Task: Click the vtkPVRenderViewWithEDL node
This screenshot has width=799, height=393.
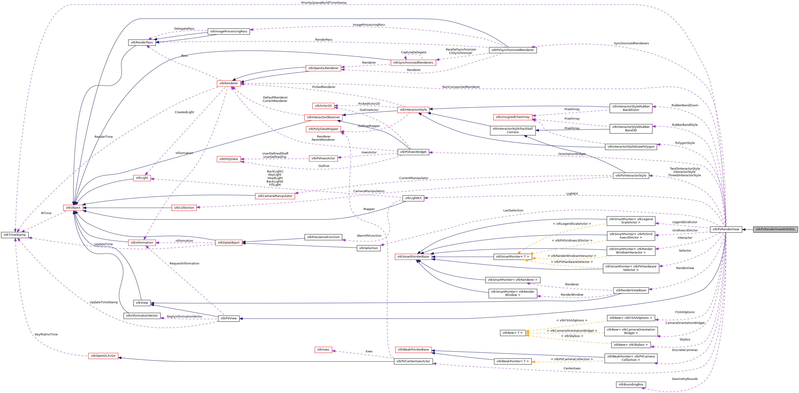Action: click(775, 229)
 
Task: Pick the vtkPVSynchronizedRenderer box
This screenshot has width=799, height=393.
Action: click(512, 50)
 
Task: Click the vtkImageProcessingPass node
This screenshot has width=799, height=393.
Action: click(229, 31)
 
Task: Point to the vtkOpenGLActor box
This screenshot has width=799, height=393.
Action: click(103, 356)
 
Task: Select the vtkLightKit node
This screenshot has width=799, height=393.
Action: click(413, 198)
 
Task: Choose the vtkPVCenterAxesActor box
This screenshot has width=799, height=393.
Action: click(413, 361)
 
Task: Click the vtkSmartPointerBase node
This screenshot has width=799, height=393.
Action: click(413, 256)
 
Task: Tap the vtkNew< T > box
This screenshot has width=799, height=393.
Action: click(512, 333)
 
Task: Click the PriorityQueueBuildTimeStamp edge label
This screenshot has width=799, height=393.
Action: click(324, 3)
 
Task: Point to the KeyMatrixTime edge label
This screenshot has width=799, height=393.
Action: click(46, 334)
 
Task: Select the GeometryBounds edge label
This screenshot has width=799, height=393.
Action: click(685, 379)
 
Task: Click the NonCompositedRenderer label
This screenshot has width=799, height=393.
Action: click(461, 87)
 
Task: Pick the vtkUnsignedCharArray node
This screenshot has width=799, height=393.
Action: click(512, 117)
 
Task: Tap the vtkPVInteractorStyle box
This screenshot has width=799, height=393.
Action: click(630, 176)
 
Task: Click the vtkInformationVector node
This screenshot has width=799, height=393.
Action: click(142, 315)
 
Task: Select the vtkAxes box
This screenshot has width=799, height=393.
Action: click(323, 350)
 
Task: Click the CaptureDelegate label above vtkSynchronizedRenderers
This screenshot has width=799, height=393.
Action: click(413, 52)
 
